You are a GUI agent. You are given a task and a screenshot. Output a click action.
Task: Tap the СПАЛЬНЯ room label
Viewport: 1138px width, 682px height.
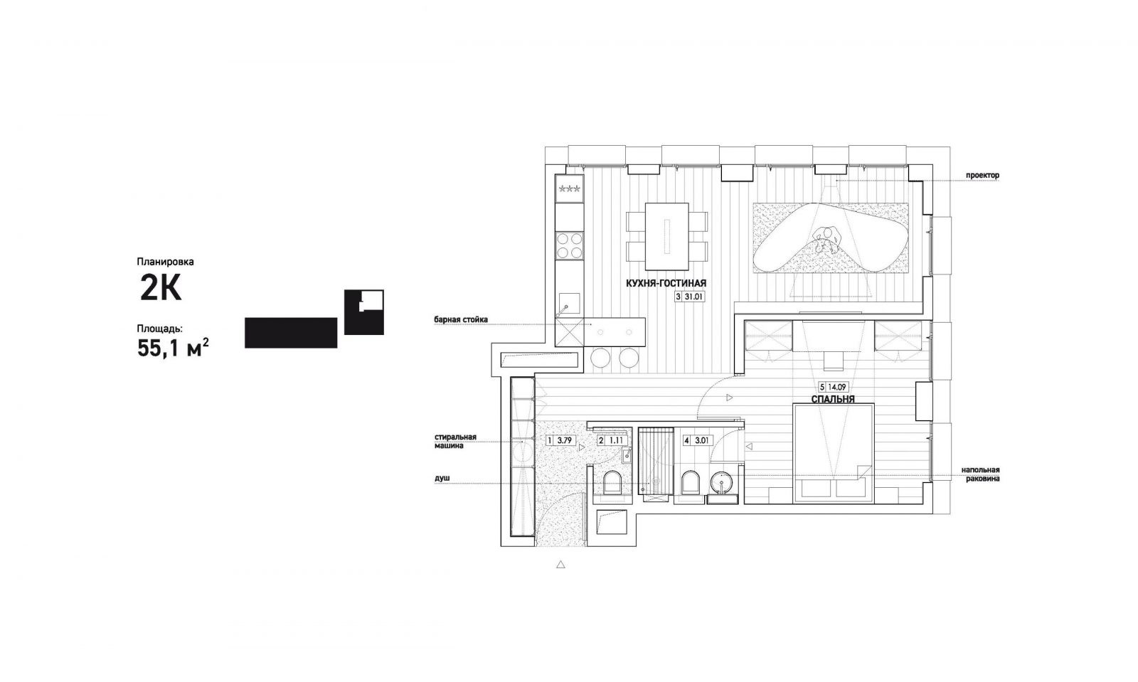pos(833,399)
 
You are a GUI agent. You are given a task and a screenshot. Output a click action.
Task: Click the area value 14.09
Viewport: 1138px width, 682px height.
pos(838,387)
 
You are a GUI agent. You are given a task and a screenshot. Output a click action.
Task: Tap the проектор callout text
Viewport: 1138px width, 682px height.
pos(982,175)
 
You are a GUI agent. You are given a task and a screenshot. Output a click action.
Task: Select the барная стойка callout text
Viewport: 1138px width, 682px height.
pos(461,319)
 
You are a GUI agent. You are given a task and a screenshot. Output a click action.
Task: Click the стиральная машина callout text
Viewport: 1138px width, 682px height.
pos(455,442)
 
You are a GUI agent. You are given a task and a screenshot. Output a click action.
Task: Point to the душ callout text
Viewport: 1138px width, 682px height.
pos(442,478)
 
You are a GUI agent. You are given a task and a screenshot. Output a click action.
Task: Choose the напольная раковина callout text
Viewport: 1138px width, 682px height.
pos(981,474)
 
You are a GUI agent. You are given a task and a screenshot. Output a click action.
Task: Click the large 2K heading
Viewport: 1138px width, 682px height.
pos(161,290)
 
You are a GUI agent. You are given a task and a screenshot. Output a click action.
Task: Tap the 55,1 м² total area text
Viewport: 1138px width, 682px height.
pos(173,348)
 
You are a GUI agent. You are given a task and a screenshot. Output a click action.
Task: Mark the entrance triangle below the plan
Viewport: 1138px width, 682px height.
pos(560,564)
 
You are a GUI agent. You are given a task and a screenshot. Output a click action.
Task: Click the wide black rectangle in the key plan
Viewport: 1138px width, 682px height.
pos(291,333)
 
